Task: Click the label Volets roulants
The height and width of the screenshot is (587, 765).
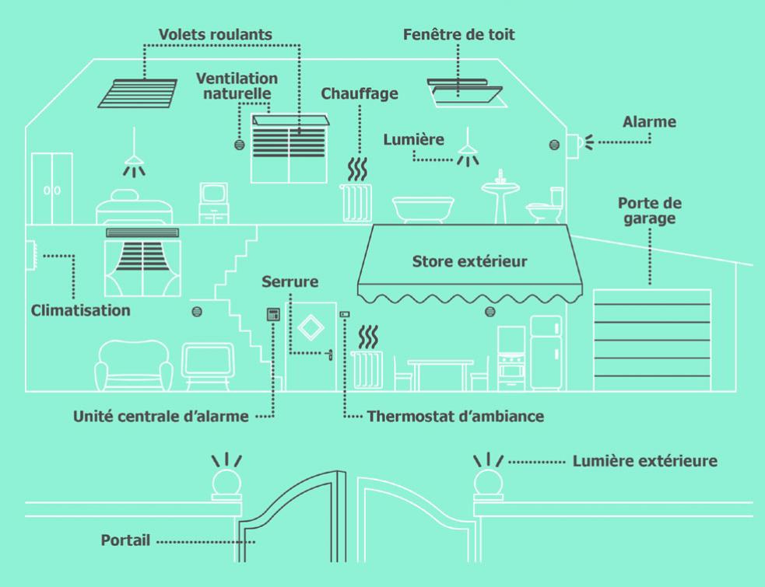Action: (x=216, y=35)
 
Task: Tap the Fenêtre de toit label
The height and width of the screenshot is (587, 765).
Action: (x=459, y=35)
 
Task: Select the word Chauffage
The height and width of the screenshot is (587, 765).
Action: (x=360, y=94)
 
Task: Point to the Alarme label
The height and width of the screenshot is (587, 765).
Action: (x=649, y=122)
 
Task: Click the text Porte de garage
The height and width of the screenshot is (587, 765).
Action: (x=650, y=211)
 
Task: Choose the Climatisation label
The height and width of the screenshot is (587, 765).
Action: (x=81, y=311)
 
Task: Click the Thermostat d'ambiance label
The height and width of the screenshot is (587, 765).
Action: (x=456, y=417)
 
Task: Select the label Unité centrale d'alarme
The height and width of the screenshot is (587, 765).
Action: (x=162, y=417)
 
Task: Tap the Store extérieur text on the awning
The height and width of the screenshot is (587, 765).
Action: (x=468, y=261)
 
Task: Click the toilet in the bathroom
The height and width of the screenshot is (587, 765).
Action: (x=545, y=206)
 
